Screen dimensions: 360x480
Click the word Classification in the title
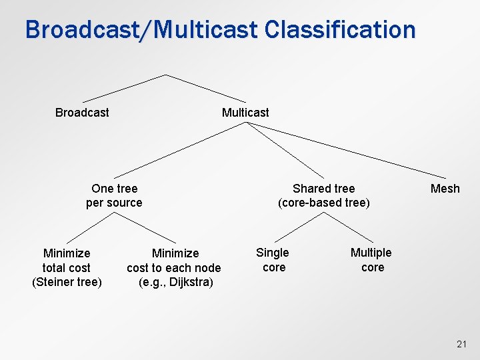click(x=340, y=30)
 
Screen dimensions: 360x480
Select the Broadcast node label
click(x=82, y=113)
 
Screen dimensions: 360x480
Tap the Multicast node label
click(x=245, y=113)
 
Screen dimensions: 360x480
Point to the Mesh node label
click(x=445, y=189)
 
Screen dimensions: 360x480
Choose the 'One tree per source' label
click(x=114, y=195)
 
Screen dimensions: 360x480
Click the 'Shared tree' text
click(x=324, y=189)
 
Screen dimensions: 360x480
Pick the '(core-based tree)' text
click(x=324, y=203)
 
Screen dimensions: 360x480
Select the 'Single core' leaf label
click(x=273, y=260)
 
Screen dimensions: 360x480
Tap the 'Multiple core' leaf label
click(x=371, y=260)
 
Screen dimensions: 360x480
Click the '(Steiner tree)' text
click(x=67, y=282)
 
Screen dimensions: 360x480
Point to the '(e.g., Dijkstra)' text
click(x=176, y=283)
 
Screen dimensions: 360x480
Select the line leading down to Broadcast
click(x=123, y=88)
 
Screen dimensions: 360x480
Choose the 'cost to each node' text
click(x=174, y=268)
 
